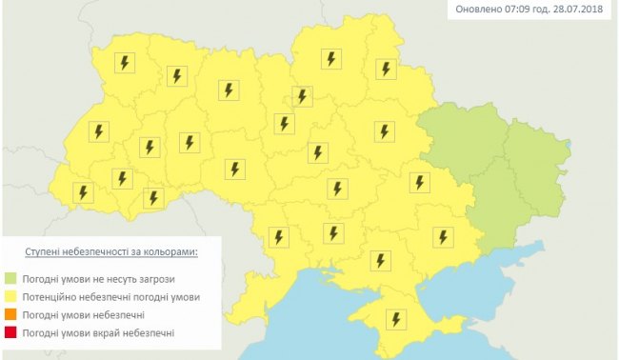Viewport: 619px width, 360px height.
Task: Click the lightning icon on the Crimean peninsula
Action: (393, 319)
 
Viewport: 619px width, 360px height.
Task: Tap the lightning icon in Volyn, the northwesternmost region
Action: (124, 64)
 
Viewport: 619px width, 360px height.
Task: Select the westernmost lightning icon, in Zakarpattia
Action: (83, 193)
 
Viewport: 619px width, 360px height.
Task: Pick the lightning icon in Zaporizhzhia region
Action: (442, 236)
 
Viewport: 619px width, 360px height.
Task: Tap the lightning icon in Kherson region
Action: (381, 259)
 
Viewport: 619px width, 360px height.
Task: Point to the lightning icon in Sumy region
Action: (385, 69)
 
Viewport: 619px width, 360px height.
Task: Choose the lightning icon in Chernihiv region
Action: (330, 59)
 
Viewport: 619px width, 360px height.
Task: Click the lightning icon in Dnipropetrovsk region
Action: (418, 182)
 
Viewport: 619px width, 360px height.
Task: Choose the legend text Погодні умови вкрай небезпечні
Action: (101, 332)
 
